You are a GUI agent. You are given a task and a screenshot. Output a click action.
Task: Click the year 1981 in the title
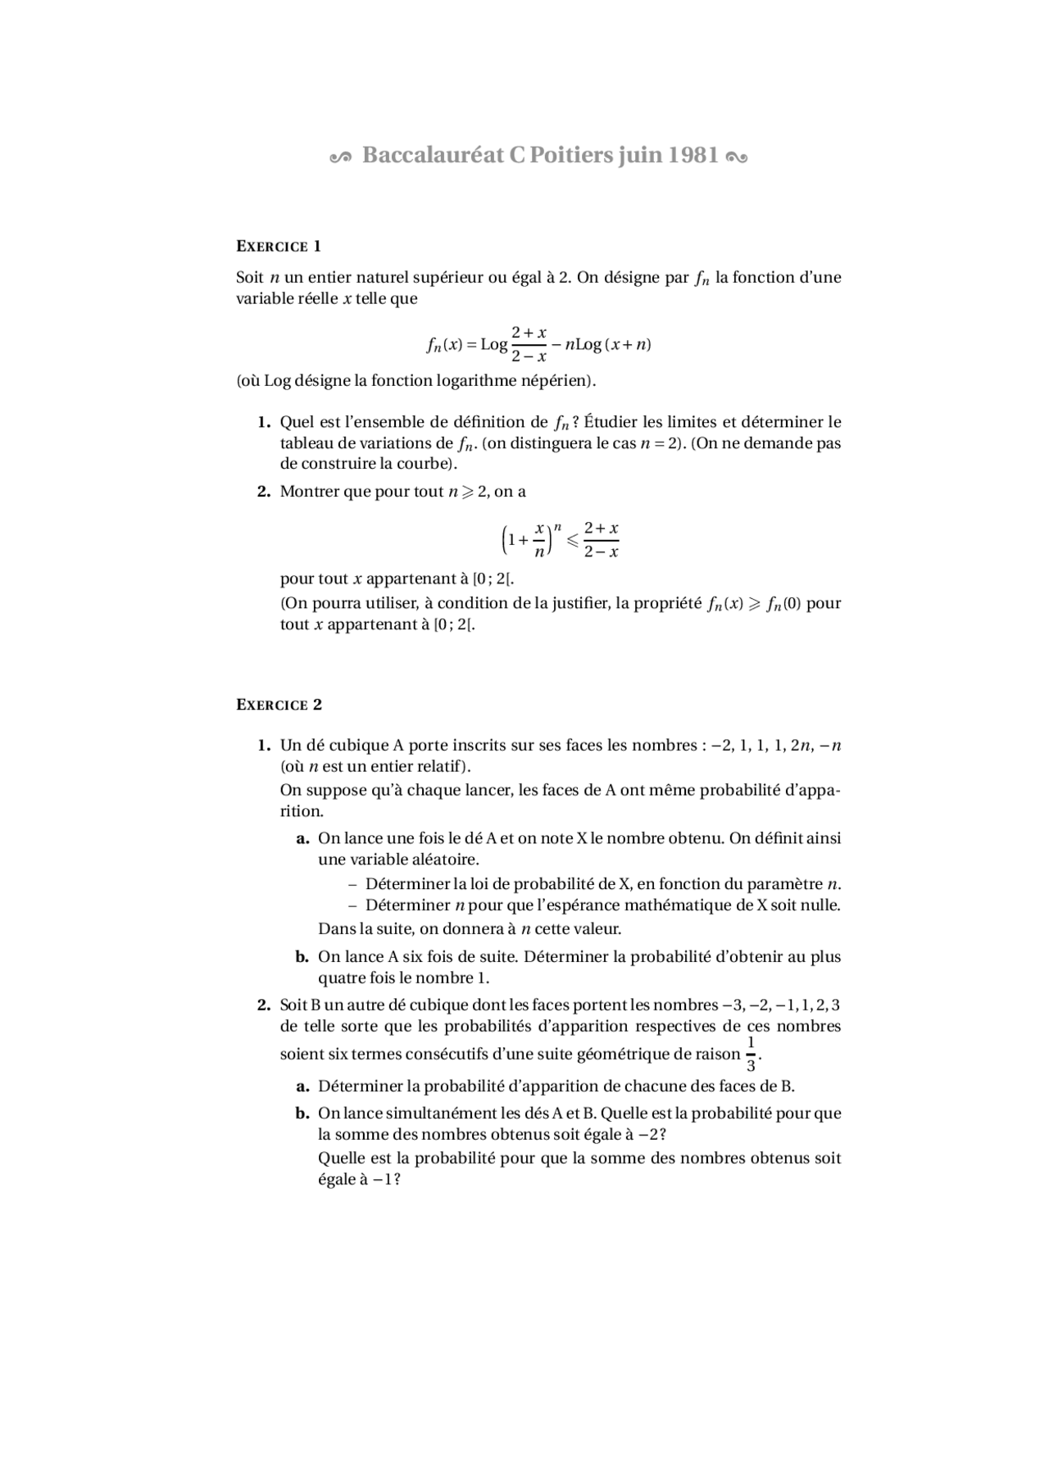pos(693,155)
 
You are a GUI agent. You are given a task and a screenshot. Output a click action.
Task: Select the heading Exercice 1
pos(279,246)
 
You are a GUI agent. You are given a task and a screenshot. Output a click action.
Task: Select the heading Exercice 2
pos(279,705)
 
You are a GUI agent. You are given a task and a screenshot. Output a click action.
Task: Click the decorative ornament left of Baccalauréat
pos(340,157)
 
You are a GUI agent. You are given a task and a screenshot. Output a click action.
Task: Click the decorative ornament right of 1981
pos(736,157)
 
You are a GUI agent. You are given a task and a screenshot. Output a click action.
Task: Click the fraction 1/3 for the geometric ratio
pos(751,1054)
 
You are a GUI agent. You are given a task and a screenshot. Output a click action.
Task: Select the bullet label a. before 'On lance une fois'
pos(302,838)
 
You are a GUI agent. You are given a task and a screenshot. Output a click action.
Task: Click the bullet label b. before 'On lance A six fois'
pos(302,956)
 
